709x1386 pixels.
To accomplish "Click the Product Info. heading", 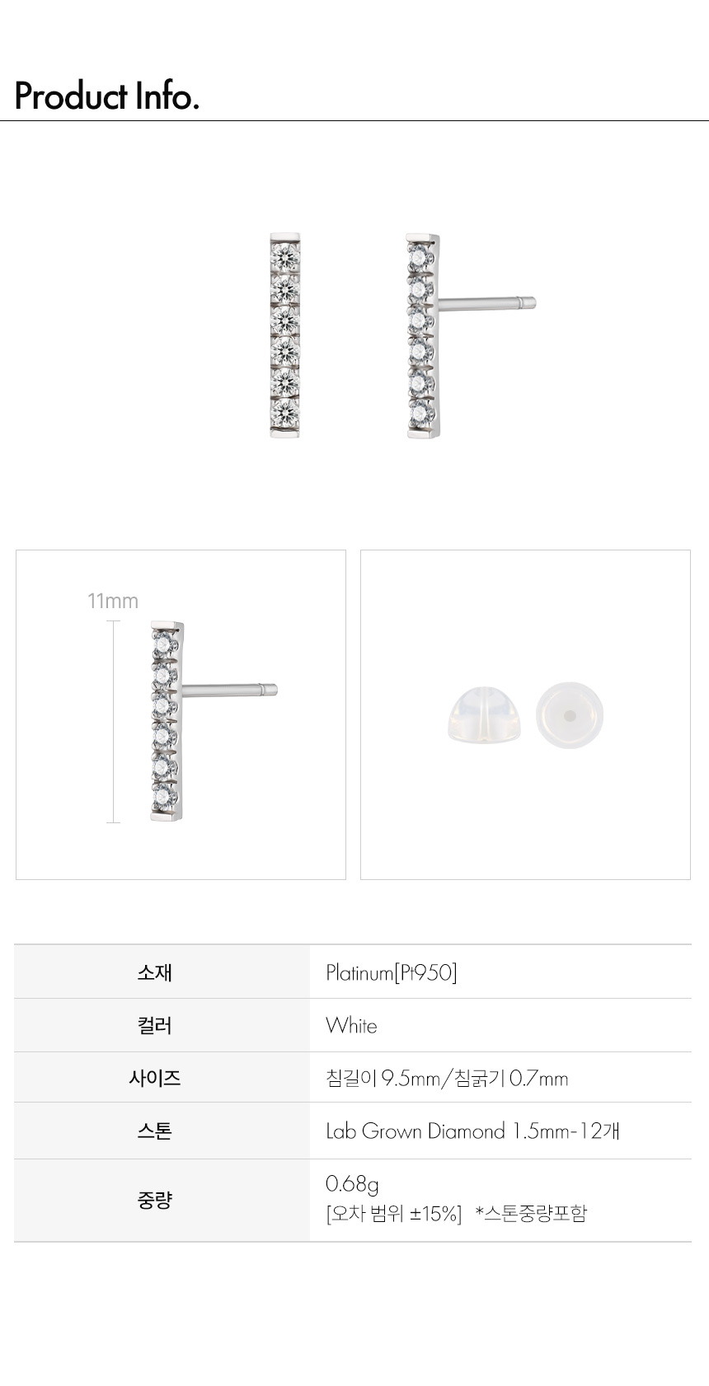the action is [x=106, y=96].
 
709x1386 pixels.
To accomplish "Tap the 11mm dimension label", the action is [x=113, y=601].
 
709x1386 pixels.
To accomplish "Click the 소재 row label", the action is [x=154, y=972].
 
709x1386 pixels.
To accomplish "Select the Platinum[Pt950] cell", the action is [x=392, y=972].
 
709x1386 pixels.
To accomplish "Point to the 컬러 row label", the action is [x=154, y=1025].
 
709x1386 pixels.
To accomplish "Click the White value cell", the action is [x=351, y=1025].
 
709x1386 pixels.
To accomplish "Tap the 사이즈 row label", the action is [x=154, y=1078].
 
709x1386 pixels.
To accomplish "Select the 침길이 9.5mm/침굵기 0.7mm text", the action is [x=447, y=1079].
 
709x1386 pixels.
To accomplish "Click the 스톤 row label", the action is [x=154, y=1131].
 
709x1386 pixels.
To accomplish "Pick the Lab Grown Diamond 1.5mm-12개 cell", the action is [x=472, y=1131].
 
